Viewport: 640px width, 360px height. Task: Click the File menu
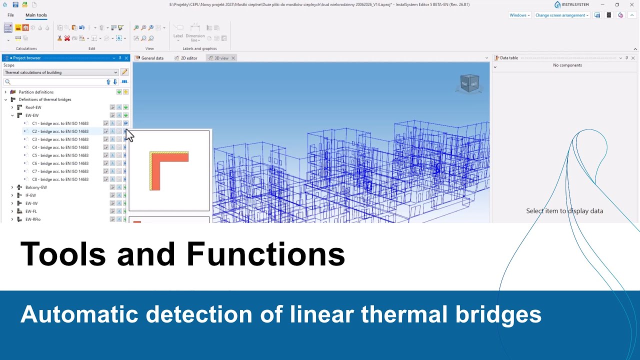10,15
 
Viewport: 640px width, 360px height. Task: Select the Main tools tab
36,15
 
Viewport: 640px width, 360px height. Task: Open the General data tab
152,58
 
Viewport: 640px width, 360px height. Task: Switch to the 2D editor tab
188,58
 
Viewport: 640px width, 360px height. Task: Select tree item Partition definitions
36,92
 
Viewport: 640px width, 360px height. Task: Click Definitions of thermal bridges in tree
45,99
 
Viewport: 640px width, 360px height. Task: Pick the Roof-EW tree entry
33,107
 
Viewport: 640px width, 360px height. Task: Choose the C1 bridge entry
60,123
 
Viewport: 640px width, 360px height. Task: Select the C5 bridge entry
60,155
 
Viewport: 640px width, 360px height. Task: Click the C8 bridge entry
60,179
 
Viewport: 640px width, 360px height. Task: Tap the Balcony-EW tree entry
36,187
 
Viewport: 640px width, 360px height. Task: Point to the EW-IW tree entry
31,203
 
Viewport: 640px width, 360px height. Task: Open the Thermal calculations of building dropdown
60,72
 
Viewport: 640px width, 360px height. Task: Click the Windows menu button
519,15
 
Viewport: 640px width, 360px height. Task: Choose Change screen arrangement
561,15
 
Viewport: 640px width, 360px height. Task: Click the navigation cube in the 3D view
469,83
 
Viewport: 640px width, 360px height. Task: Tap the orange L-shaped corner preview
169,170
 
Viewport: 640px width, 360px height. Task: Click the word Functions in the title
265,254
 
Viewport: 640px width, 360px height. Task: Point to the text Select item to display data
564,211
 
